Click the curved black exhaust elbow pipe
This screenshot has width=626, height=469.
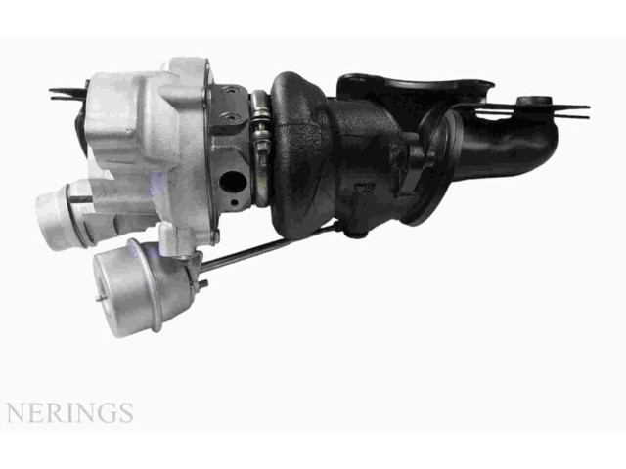(x=509, y=147)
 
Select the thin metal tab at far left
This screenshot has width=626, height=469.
(x=67, y=95)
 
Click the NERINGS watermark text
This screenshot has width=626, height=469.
(x=68, y=412)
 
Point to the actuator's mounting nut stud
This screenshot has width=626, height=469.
(x=202, y=284)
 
